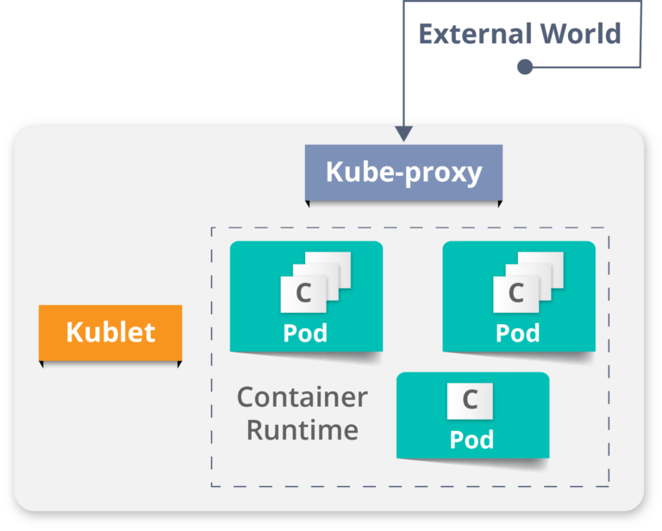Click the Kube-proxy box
(x=403, y=172)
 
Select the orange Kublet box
(x=110, y=332)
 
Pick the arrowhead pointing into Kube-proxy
(x=403, y=134)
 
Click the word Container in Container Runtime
(x=302, y=397)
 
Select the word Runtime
(x=302, y=428)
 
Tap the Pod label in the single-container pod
(x=472, y=440)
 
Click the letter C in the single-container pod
(x=470, y=400)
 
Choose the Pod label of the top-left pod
(x=305, y=333)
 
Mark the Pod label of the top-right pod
(x=518, y=333)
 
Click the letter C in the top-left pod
(x=303, y=293)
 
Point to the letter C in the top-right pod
(x=516, y=293)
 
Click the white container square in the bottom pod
(x=470, y=400)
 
